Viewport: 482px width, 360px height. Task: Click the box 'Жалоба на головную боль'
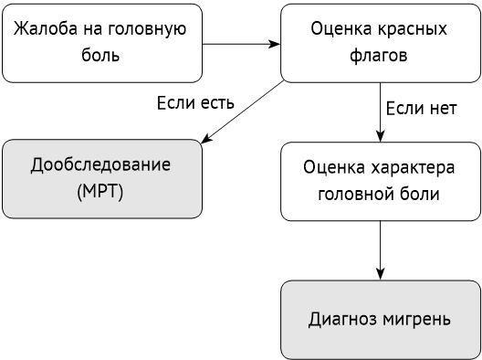click(102, 42)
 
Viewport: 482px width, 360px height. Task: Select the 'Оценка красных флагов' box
click(380, 42)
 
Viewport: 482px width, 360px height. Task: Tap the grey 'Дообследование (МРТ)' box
click(101, 178)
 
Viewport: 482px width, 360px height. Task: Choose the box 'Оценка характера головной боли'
click(380, 181)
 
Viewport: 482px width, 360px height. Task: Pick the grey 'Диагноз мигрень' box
click(380, 320)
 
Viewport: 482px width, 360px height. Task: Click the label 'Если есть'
click(196, 102)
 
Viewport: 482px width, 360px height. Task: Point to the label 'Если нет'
click(422, 109)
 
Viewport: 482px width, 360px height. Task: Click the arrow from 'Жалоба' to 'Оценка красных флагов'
click(240, 42)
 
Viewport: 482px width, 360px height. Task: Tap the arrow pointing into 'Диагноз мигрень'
click(380, 250)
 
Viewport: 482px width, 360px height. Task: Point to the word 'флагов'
click(380, 55)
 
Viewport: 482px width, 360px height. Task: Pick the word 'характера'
click(409, 169)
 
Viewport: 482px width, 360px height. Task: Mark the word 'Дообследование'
click(101, 165)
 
